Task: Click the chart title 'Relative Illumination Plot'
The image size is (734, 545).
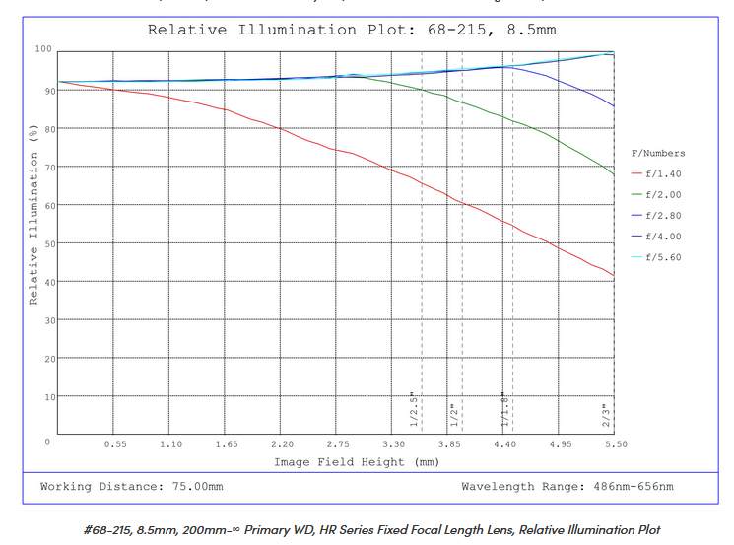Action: pyautogui.click(x=352, y=30)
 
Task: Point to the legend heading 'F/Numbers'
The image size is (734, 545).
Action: pyautogui.click(x=658, y=153)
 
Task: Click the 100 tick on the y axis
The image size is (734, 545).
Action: pyautogui.click(x=43, y=48)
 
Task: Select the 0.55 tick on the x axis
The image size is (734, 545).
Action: pyautogui.click(x=114, y=444)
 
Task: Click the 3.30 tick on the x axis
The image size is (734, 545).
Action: pyautogui.click(x=394, y=444)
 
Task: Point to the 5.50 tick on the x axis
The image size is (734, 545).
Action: pyautogui.click(x=617, y=444)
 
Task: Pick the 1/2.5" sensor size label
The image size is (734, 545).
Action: pyautogui.click(x=415, y=408)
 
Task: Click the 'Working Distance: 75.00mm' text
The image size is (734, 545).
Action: pyautogui.click(x=131, y=487)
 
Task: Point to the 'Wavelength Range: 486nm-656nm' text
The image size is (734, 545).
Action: pyautogui.click(x=567, y=487)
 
